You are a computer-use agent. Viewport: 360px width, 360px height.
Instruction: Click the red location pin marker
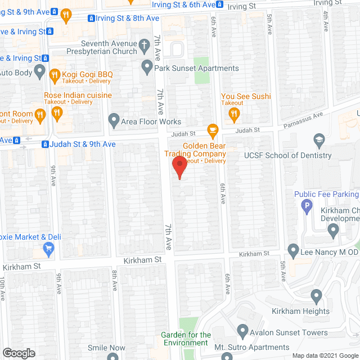point(179,167)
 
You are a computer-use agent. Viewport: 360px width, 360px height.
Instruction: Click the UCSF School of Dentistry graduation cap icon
point(319,140)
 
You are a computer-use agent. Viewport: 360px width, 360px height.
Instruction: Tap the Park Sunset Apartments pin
point(147,69)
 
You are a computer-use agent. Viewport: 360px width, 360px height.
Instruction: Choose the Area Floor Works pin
point(114,121)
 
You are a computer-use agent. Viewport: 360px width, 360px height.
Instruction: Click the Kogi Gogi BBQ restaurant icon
point(55,74)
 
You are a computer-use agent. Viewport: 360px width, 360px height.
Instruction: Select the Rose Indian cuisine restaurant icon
point(57,115)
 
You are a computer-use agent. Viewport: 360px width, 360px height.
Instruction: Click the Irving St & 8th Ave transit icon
point(91,19)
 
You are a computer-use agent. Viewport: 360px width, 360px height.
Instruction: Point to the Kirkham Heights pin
point(316,296)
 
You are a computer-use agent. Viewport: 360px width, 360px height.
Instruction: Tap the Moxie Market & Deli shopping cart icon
point(49,248)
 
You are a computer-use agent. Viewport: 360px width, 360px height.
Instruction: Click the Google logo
point(19,353)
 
